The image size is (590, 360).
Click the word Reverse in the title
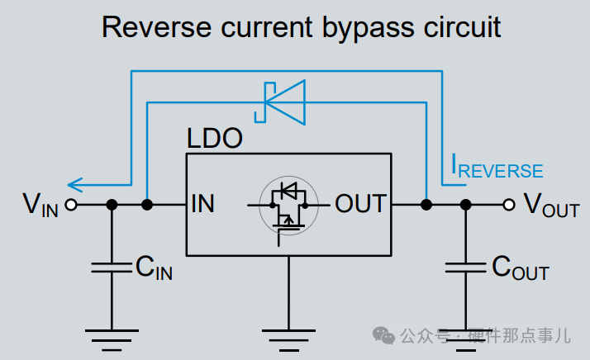(156, 27)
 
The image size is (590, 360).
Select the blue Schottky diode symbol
(280, 102)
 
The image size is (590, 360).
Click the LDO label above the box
(215, 138)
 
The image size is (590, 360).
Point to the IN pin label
(202, 204)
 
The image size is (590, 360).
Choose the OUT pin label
(360, 204)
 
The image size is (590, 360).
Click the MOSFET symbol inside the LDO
(288, 206)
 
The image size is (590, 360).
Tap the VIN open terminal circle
(71, 205)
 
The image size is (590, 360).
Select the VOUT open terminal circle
(509, 205)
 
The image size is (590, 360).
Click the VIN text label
(40, 205)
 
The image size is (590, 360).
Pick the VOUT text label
(552, 205)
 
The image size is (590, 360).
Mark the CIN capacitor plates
(112, 268)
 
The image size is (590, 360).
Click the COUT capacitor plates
(465, 268)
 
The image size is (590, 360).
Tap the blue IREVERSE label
(497, 167)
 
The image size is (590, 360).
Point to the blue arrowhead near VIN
(75, 185)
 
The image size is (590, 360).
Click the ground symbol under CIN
(112, 340)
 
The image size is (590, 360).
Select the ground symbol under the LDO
(288, 340)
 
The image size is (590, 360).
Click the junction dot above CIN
(112, 205)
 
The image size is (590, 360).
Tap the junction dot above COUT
(465, 205)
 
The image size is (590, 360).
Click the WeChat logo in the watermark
(383, 335)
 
